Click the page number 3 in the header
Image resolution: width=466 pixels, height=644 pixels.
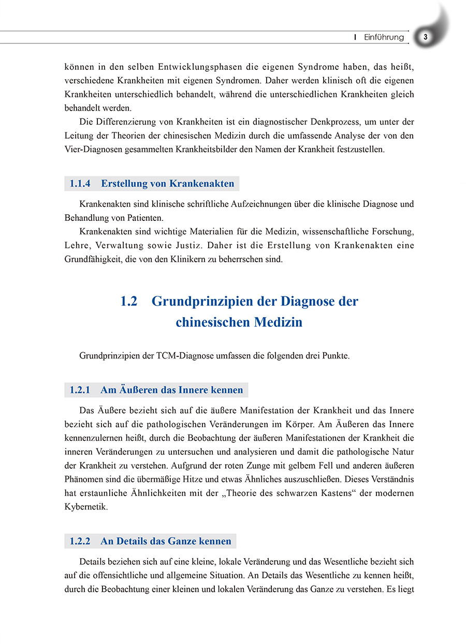(425, 37)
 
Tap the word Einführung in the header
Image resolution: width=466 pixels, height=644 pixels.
(384, 37)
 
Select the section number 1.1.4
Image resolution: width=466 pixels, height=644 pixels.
(80, 184)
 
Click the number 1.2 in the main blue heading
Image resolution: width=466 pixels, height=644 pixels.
(129, 302)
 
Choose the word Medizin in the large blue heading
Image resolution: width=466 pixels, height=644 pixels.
(278, 322)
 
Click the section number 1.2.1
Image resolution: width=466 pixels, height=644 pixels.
(80, 390)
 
